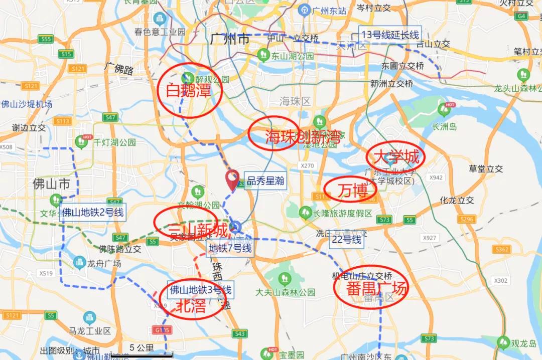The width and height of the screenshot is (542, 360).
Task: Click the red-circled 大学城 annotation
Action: pyautogui.click(x=395, y=157)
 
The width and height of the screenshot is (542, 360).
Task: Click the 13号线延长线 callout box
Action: pyautogui.click(x=390, y=35)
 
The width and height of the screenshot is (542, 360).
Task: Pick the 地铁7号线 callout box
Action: pyautogui.click(x=230, y=248)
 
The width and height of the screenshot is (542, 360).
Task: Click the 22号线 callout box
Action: pyautogui.click(x=346, y=240)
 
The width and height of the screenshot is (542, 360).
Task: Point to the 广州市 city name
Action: pyautogui.click(x=230, y=39)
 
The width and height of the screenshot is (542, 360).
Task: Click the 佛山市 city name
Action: pyautogui.click(x=51, y=184)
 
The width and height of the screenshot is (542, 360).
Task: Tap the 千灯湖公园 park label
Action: pyautogui.click(x=114, y=142)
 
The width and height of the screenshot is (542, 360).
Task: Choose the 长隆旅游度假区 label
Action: pyautogui.click(x=343, y=213)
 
